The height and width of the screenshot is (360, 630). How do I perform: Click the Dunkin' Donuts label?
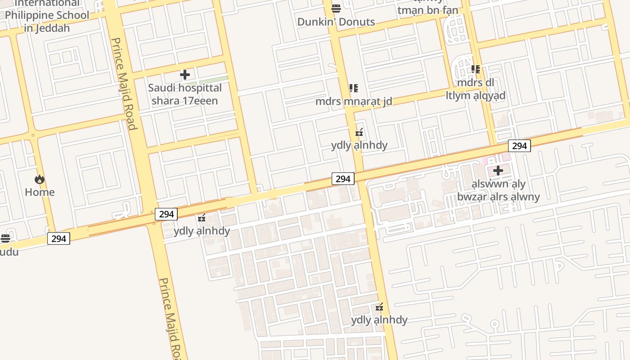coord(336,22)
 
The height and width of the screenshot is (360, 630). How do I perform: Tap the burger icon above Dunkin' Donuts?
coord(336,8)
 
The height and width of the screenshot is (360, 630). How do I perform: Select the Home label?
coord(40,192)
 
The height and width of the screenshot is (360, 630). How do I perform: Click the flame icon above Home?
coord(40,180)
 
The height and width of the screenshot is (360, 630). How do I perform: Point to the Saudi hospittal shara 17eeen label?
coord(184,94)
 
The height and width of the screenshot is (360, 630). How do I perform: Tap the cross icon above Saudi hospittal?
coord(184,75)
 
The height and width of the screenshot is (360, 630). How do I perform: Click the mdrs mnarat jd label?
coord(354,101)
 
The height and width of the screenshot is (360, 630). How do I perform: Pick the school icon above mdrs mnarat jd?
coord(354,88)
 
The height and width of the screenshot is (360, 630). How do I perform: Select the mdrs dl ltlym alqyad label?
coord(476,89)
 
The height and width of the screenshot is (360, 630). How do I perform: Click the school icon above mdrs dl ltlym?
coord(476,69)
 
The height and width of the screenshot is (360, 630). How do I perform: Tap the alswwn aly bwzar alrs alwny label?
coord(498,190)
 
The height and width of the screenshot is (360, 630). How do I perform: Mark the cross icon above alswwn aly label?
coord(498,171)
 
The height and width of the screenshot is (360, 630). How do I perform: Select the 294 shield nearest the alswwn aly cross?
coord(519,146)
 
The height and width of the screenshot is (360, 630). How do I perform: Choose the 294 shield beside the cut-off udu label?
coord(58,238)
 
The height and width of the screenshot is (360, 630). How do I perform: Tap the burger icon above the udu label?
coord(5,238)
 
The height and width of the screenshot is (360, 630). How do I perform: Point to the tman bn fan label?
coord(427,10)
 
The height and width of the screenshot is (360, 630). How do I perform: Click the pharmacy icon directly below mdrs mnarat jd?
coord(359,132)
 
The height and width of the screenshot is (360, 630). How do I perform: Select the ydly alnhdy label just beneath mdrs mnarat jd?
coord(359,145)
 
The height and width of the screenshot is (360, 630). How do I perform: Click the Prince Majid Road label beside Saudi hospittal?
coord(124,84)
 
